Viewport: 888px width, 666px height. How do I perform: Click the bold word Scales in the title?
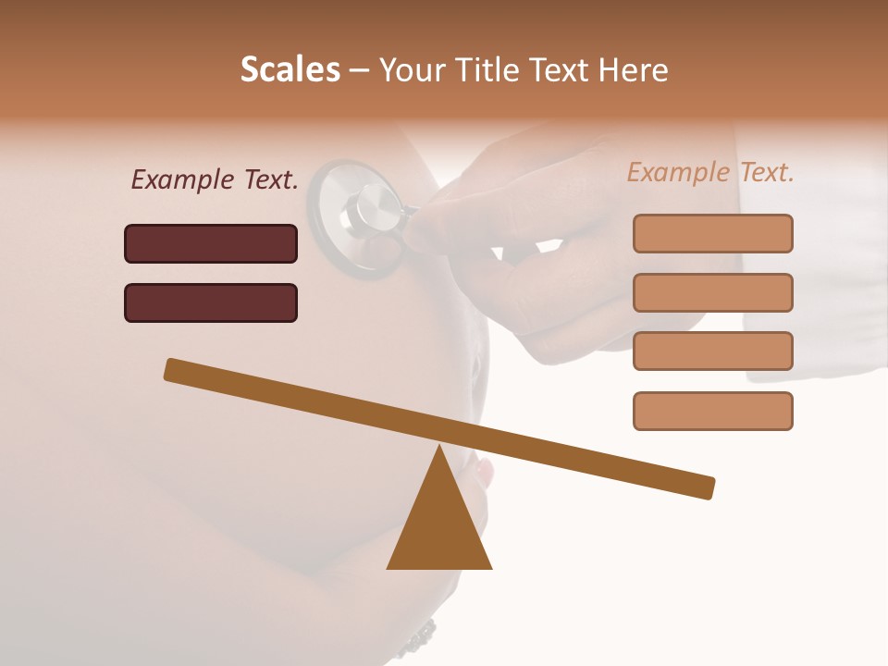(x=290, y=70)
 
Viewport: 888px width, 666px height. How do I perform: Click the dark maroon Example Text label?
(x=215, y=179)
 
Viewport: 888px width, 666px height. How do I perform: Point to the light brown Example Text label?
(x=710, y=172)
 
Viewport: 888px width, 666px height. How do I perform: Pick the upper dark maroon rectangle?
(x=211, y=243)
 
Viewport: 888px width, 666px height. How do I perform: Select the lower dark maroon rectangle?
(x=211, y=302)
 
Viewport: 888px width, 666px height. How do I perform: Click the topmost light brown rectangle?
(x=712, y=233)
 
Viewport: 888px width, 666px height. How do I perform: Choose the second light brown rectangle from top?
(x=712, y=292)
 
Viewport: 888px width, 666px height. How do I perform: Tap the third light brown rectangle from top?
(x=712, y=351)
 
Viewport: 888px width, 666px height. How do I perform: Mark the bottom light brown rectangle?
(x=712, y=411)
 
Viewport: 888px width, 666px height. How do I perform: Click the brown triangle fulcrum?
(x=439, y=527)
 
